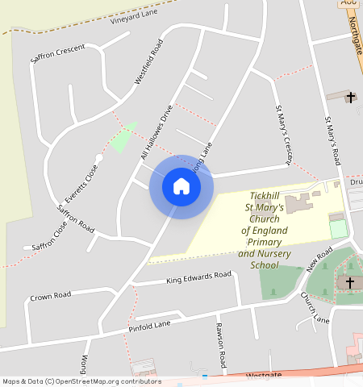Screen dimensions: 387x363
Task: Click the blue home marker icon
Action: [x=181, y=186]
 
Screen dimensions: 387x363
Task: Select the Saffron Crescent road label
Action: [x=57, y=49]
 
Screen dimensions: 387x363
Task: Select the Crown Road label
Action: [x=51, y=296]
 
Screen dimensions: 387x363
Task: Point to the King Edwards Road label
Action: [x=198, y=277]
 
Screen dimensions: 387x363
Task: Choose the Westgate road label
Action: [x=264, y=375]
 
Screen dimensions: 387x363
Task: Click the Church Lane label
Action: [x=315, y=308]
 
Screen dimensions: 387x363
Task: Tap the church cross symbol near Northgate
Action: [x=351, y=98]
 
